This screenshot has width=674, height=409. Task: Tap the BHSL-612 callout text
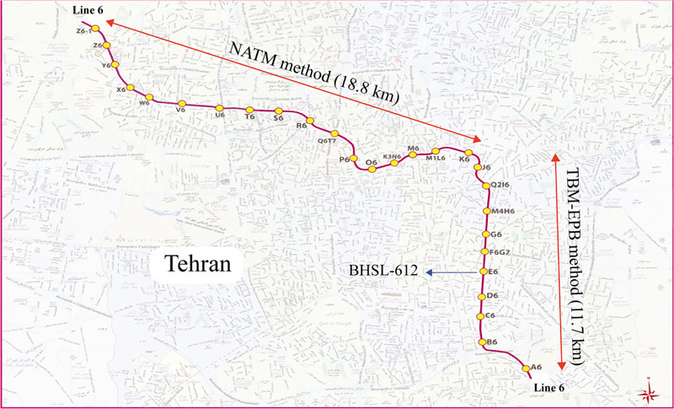point(383,272)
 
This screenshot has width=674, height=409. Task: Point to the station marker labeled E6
point(483,272)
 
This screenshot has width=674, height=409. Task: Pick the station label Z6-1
point(83,30)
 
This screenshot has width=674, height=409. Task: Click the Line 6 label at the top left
point(83,8)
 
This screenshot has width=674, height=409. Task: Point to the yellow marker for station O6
point(369,168)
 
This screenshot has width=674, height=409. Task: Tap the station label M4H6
point(503,212)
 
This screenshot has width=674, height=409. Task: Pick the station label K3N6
point(393,156)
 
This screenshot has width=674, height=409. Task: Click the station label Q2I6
point(501,185)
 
